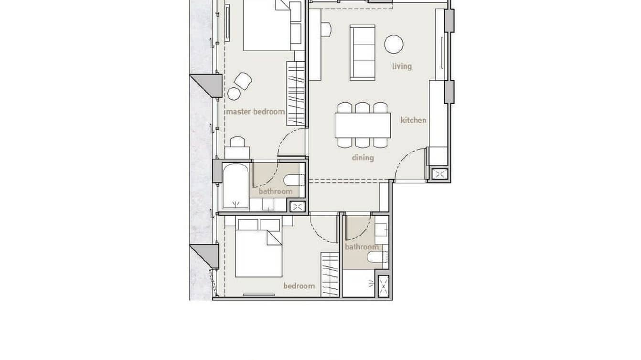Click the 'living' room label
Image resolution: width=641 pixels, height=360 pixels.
402,66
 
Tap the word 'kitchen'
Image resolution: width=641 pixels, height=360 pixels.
413,120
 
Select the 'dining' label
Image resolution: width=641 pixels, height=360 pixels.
363,157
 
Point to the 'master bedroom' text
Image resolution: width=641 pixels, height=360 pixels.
255,112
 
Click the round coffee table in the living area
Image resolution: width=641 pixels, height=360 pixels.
394,44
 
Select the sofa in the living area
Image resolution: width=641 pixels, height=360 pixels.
363,53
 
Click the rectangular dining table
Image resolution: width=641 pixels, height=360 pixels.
363,125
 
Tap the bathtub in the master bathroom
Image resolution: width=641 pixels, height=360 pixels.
235,186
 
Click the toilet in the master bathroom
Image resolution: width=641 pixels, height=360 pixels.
292,180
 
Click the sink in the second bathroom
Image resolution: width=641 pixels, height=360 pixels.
381,229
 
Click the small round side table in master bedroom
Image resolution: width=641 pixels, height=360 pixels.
234,94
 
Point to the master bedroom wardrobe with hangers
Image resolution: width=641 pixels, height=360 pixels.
296,94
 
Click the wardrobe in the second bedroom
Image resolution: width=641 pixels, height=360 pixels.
330,275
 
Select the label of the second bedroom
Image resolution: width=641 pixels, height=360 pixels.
299,286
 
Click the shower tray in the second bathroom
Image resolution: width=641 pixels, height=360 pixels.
358,284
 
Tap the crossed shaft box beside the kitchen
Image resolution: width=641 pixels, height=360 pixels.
439,174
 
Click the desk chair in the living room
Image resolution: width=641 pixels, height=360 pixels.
326,30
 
